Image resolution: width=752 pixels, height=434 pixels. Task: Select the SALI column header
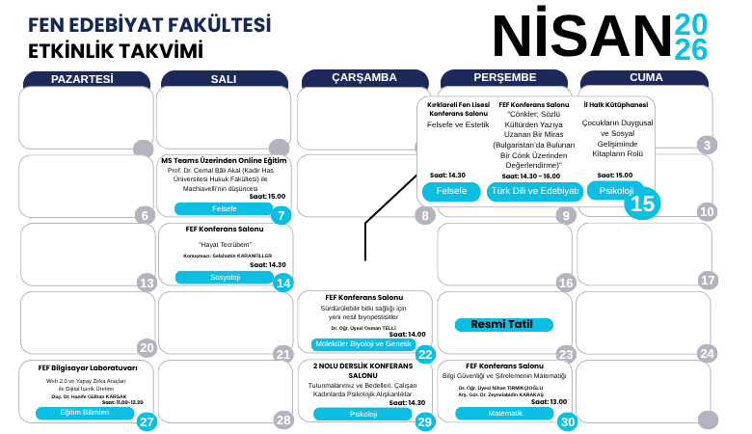223,78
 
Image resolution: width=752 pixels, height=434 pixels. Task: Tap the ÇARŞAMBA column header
363,78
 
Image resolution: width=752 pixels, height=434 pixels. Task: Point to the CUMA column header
646,78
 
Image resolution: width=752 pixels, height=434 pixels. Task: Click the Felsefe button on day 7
224,208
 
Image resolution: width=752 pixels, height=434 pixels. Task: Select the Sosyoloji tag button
224,277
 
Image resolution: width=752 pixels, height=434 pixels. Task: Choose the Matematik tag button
503,413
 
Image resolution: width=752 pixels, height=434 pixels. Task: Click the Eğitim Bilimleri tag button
85,413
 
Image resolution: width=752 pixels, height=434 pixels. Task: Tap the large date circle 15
643,203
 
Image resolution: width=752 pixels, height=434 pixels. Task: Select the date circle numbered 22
425,354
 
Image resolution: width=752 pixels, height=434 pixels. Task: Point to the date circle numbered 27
147,421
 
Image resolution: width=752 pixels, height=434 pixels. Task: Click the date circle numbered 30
567,421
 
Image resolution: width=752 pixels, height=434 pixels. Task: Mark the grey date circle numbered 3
709,147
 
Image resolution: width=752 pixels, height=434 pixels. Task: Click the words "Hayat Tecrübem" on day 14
224,245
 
